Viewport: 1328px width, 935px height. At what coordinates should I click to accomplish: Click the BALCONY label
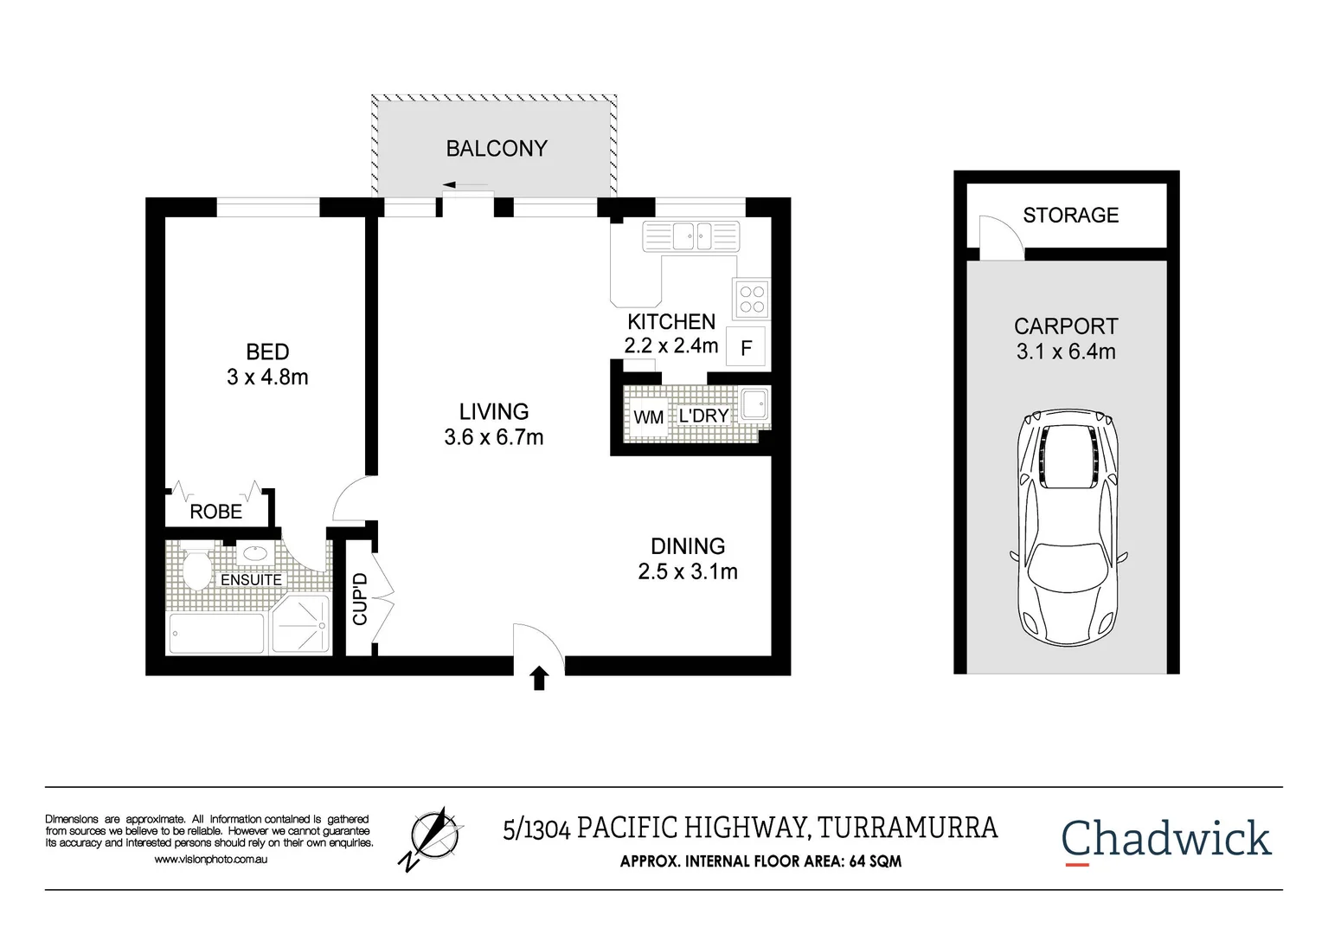click(497, 149)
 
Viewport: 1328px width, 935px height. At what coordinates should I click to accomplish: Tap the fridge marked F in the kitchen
click(746, 348)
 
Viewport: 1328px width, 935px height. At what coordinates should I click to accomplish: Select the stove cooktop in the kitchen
click(751, 299)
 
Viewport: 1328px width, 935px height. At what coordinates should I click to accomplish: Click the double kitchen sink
click(691, 235)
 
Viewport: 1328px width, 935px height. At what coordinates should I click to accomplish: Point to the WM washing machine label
click(648, 417)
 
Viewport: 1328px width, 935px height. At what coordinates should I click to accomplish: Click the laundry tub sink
click(754, 404)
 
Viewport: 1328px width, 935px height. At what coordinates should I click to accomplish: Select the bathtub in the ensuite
click(216, 633)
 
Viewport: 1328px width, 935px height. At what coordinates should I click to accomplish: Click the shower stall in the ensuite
click(300, 624)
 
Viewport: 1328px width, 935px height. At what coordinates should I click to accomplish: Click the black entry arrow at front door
click(539, 678)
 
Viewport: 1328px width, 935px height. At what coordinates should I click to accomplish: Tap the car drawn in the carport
click(1068, 527)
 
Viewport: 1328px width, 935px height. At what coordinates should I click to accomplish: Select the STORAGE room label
click(1070, 216)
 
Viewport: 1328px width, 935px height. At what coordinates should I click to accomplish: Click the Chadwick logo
click(1165, 839)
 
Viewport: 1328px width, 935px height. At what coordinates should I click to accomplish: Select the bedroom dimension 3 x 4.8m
click(267, 377)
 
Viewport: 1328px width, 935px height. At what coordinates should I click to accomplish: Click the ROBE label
click(216, 512)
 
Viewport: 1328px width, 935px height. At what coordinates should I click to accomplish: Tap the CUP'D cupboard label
click(360, 598)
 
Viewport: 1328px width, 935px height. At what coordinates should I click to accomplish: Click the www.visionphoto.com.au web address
click(210, 860)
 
